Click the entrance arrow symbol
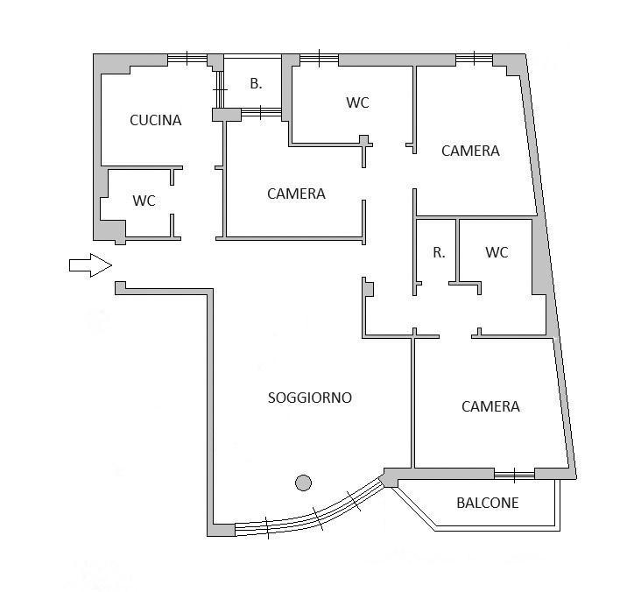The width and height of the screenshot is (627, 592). [x=90, y=265]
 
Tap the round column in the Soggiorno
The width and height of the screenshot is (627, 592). [x=303, y=483]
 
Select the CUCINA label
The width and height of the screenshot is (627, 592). [x=156, y=120]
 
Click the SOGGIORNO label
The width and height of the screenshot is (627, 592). [x=310, y=398]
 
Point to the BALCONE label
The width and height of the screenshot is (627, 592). [x=488, y=503]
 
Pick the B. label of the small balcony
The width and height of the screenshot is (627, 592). [x=256, y=83]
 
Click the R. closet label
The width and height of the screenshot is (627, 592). [x=439, y=252]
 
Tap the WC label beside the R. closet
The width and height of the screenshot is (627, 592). [x=497, y=252]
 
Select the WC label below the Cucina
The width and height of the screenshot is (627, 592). [x=144, y=201]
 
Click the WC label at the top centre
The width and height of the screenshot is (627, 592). [x=358, y=102]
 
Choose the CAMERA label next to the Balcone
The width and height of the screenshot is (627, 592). [x=490, y=407]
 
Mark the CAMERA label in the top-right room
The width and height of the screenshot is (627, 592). [x=470, y=151]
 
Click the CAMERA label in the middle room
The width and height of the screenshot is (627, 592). [x=296, y=194]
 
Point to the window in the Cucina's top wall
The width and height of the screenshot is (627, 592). [x=187, y=59]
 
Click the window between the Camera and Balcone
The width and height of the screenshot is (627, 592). [x=514, y=475]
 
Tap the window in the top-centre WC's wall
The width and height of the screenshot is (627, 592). [x=319, y=59]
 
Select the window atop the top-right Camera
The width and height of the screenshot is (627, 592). [x=474, y=59]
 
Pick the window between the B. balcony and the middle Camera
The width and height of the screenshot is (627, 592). [x=261, y=113]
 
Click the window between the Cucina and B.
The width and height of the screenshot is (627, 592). [x=219, y=89]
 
